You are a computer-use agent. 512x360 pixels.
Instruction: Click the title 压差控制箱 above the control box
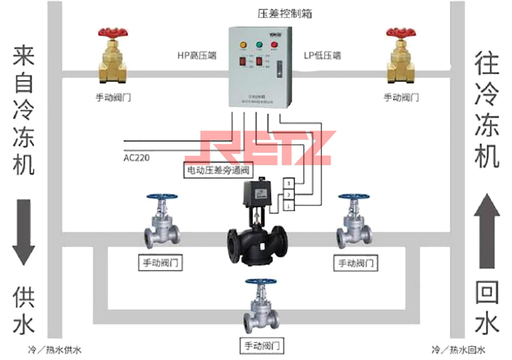[285, 14]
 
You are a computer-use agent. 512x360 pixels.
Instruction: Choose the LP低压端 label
[322, 56]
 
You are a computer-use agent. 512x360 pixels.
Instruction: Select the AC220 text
[136, 158]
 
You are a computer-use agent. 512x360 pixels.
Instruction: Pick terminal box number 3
[289, 183]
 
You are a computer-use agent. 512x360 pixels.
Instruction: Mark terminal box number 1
[289, 206]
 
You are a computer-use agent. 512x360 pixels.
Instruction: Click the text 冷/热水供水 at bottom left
[55, 350]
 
